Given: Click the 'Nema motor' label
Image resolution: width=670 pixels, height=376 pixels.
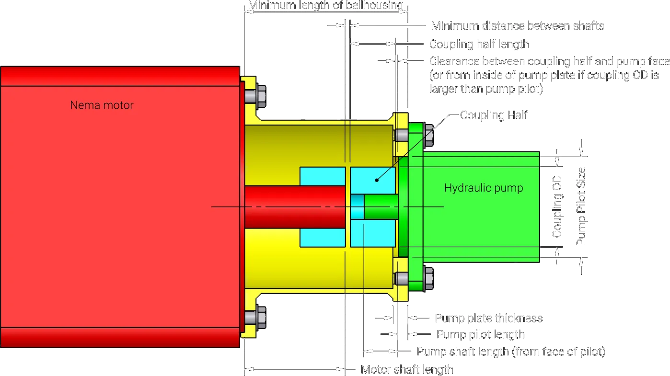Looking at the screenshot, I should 102,105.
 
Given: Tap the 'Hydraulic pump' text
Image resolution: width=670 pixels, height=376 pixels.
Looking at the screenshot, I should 484,188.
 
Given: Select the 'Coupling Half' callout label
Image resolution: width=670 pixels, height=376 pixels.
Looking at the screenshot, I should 494,115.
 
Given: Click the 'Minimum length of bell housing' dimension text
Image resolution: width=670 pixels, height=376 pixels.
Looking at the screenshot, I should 326,6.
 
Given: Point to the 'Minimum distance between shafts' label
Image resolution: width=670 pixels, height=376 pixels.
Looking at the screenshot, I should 518,25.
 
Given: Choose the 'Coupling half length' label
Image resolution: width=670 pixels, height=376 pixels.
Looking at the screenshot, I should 479,44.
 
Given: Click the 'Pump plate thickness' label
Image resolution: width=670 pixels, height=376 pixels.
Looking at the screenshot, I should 488,318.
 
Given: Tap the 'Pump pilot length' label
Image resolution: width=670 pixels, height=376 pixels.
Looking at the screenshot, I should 480,334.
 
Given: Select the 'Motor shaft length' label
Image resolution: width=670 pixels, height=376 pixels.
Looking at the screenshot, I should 406,369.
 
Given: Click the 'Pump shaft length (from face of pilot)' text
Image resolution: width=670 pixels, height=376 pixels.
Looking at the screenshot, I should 511,352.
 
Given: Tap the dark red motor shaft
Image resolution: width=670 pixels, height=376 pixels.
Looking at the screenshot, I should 295,206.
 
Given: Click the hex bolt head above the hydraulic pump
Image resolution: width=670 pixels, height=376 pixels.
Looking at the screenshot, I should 428,135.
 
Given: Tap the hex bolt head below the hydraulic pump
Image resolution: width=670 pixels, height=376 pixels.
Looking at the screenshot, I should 428,278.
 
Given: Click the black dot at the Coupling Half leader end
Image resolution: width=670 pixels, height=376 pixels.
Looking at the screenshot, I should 377,180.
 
